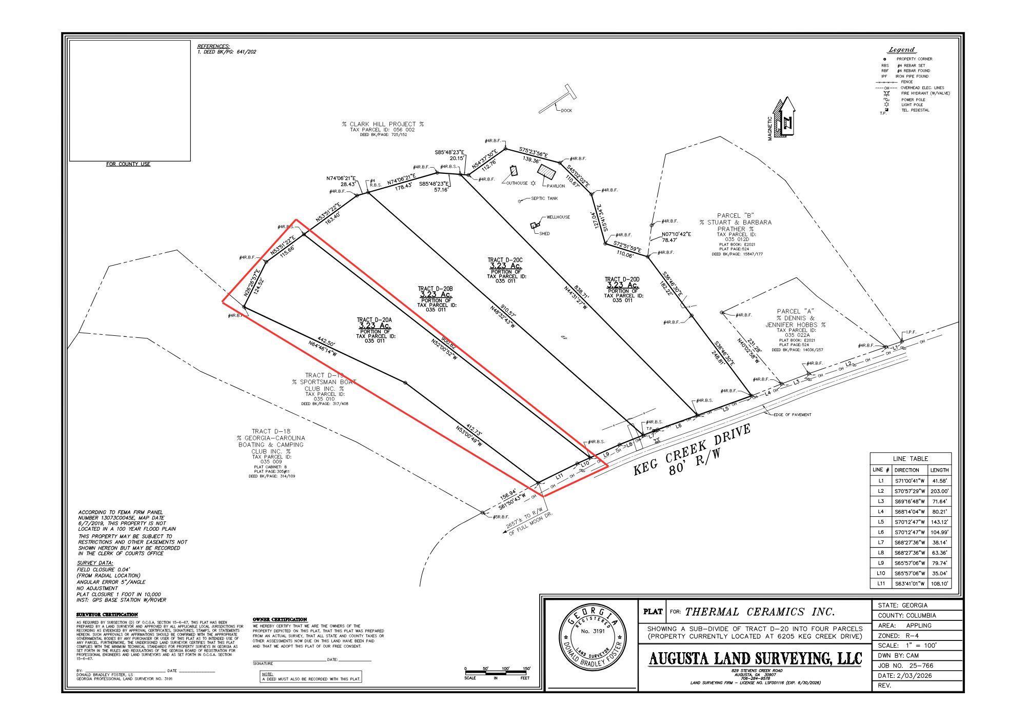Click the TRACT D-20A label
coord(374,320)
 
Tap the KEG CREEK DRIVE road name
coord(692,450)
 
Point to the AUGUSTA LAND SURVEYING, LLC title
coord(755,658)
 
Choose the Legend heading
coord(901,50)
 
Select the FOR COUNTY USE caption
coord(128,164)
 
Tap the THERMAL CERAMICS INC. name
coord(760,612)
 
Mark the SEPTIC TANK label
coord(544,198)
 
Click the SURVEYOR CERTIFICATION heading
coord(107,614)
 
